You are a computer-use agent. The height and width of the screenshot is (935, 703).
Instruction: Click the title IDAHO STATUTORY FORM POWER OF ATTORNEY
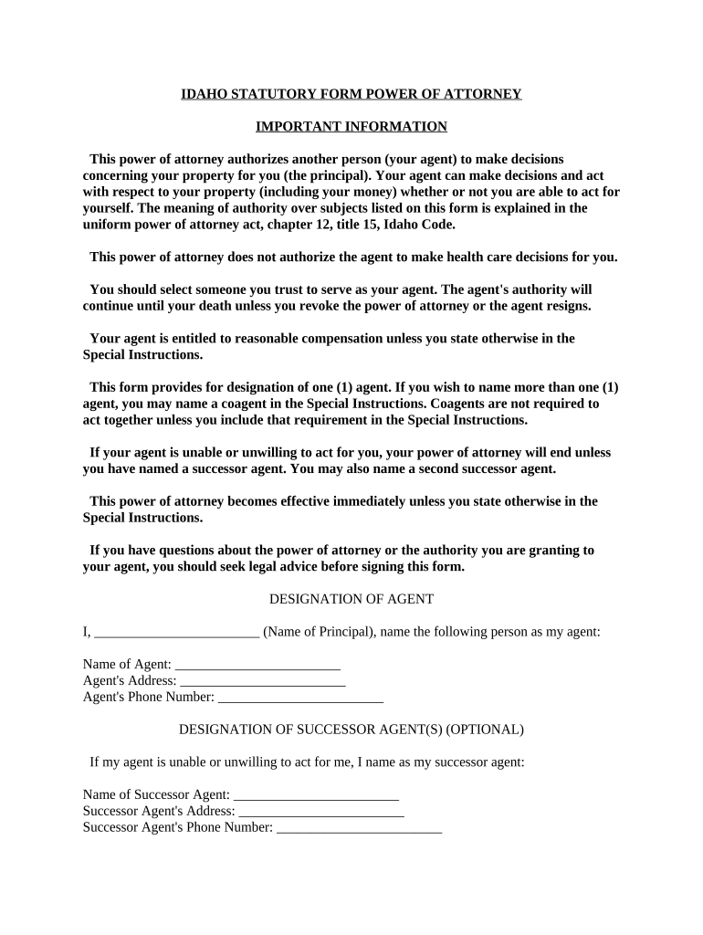351,94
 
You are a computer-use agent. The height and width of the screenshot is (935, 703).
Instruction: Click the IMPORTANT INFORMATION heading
351,126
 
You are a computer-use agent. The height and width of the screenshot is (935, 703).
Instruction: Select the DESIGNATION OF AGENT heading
351,599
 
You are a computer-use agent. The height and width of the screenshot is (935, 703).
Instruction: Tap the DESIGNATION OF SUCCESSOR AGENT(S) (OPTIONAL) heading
351,730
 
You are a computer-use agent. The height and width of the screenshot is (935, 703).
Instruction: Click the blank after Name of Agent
257,666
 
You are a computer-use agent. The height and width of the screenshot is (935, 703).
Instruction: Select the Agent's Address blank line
263,682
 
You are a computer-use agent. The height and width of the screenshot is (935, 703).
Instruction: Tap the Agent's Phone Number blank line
300,699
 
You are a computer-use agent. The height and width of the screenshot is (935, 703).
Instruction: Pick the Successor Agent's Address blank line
320,812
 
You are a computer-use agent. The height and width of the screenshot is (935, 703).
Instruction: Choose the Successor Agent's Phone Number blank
359,828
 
